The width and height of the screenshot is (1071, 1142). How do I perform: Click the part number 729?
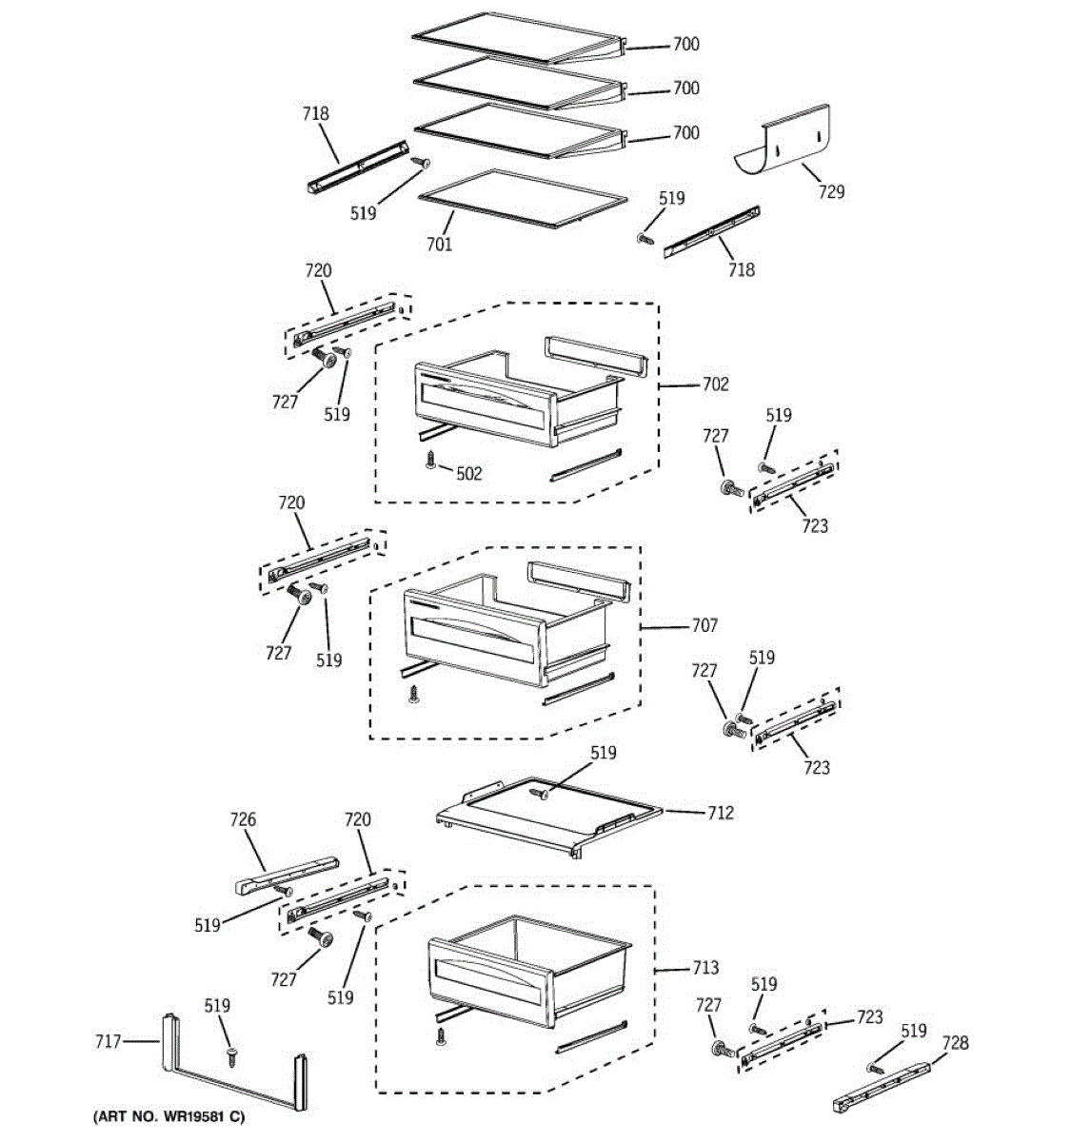pos(830,192)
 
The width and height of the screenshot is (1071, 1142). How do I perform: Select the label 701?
pos(439,245)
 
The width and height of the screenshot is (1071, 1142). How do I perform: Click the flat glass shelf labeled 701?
pos(523,198)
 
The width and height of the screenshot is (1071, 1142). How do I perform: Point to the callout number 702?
pos(715,384)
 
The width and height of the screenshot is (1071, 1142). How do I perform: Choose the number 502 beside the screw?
pos(468,474)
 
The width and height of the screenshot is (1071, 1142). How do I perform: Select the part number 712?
pos(720,813)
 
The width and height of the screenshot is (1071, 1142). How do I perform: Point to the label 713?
pos(704,968)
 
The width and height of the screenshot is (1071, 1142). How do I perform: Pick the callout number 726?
pos(243,819)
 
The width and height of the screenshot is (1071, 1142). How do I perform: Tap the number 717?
pos(109,1042)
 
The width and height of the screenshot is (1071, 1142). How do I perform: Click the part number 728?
pos(955,1043)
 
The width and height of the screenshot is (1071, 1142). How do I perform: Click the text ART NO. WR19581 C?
pos(169,1116)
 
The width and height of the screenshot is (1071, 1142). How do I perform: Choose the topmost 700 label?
pos(685,44)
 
